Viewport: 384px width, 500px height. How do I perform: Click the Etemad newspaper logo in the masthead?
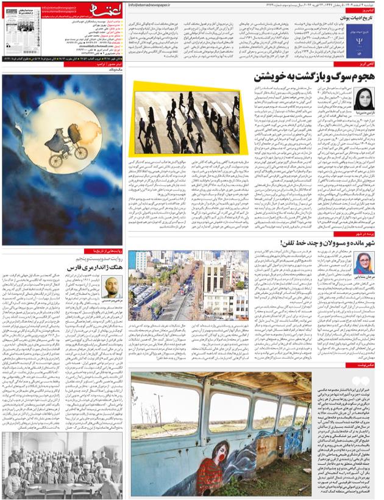pyautogui.click(x=100, y=11)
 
